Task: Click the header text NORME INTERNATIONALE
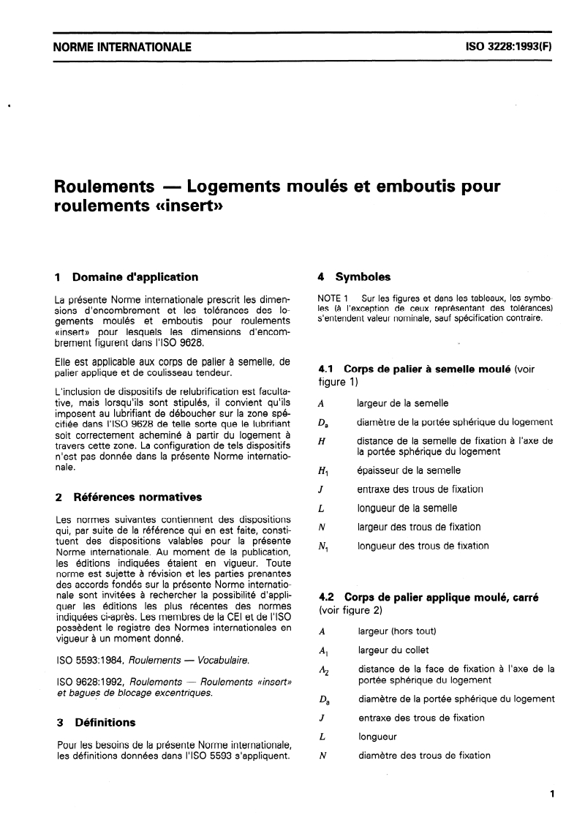click(x=123, y=48)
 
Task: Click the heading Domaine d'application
click(x=135, y=277)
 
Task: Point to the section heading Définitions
click(x=105, y=722)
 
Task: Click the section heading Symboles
click(x=363, y=277)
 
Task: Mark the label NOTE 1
click(x=336, y=298)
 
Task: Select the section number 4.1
click(x=328, y=369)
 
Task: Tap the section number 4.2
click(x=328, y=597)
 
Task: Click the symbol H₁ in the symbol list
click(x=323, y=471)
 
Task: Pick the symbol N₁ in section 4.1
click(x=323, y=546)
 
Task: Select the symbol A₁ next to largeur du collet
click(x=323, y=650)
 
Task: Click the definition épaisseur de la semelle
click(x=408, y=470)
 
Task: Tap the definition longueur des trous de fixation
click(x=423, y=546)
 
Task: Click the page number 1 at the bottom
click(x=552, y=792)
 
